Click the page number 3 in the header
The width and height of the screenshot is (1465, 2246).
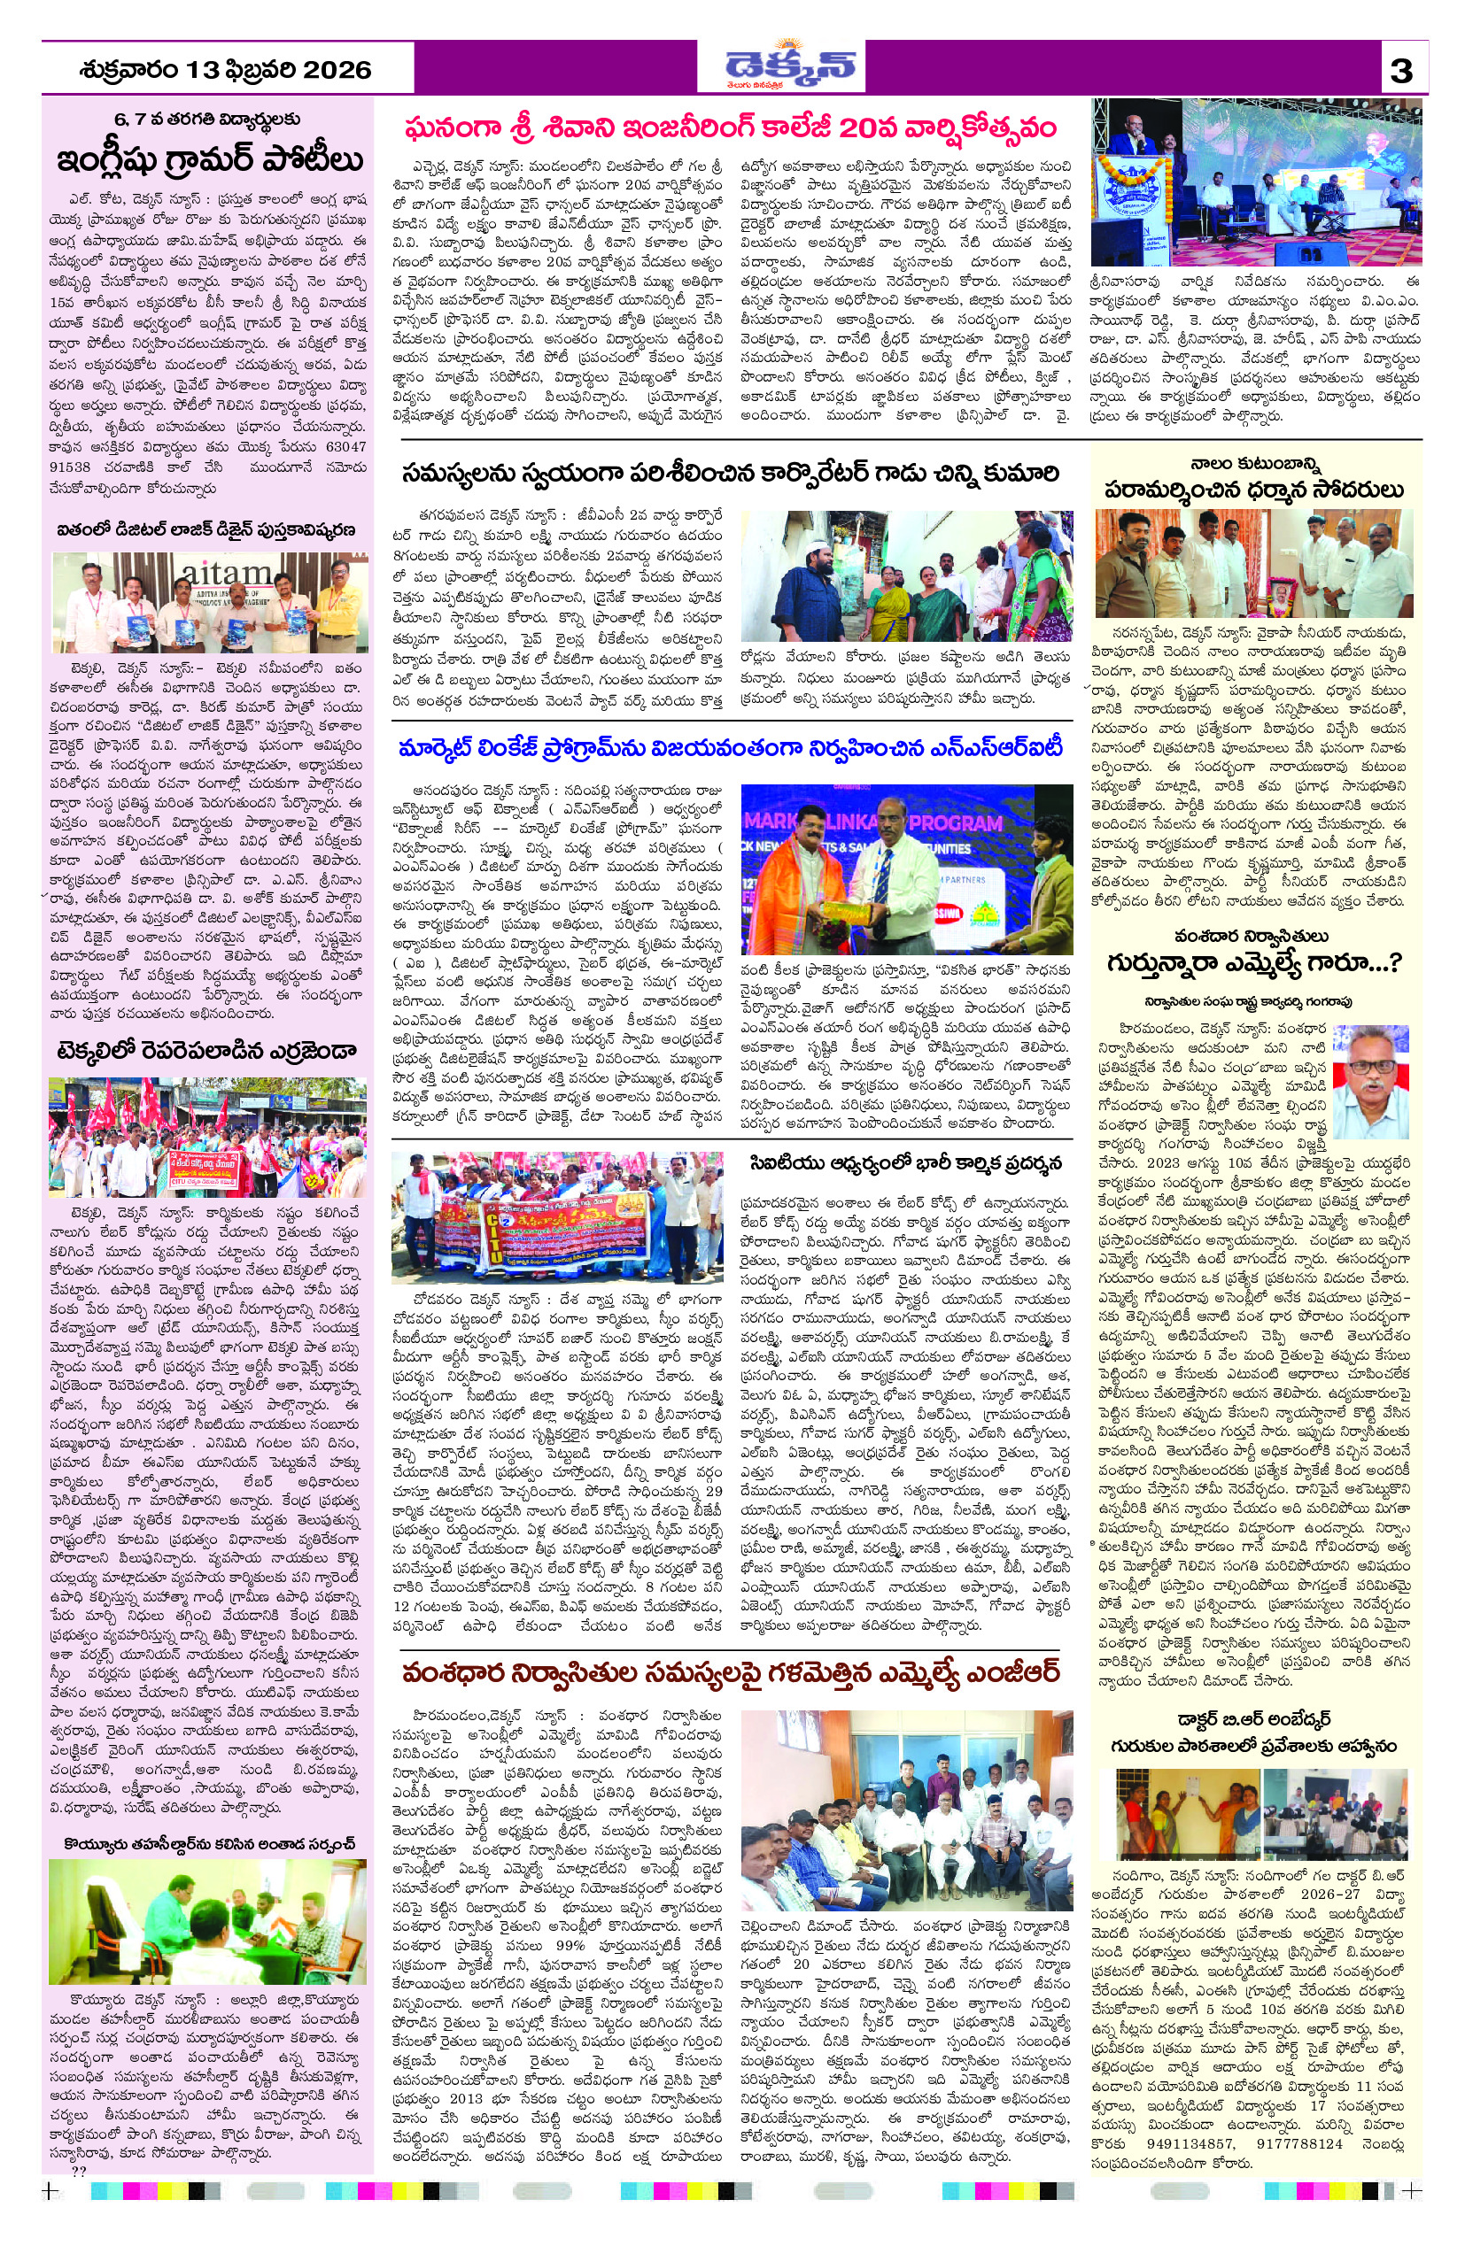pyautogui.click(x=1402, y=71)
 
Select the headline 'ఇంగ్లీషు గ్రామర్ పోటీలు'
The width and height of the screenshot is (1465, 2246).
pyautogui.click(x=210, y=159)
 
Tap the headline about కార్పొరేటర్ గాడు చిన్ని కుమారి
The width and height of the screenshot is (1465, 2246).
pyautogui.click(x=729, y=473)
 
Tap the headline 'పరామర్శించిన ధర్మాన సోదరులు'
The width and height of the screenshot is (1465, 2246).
pyautogui.click(x=1253, y=490)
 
